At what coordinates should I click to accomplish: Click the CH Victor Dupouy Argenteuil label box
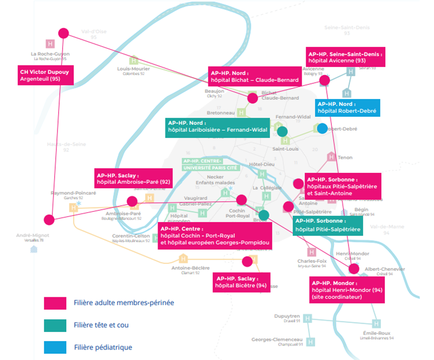[45, 75]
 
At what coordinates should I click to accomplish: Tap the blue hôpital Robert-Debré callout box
[347, 107]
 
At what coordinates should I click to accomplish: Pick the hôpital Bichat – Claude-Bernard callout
[255, 77]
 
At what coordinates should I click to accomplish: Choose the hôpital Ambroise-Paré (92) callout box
[132, 178]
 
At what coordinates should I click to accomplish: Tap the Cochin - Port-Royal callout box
[214, 236]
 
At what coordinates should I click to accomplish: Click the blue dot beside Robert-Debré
[322, 129]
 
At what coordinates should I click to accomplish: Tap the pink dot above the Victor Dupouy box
[64, 34]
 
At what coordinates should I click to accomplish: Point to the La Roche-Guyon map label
[50, 56]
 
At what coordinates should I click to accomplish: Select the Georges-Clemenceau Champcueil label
[277, 342]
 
